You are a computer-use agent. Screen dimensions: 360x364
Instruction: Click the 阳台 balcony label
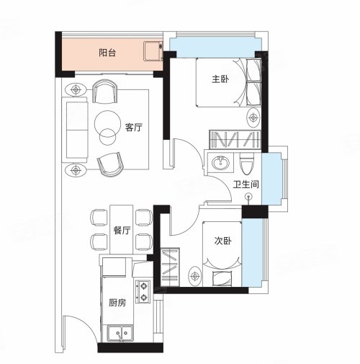(107, 53)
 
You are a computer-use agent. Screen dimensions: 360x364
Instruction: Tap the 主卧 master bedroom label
(220, 79)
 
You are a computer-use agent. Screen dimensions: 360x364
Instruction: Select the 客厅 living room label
(133, 128)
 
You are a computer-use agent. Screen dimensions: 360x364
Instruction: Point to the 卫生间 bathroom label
(246, 185)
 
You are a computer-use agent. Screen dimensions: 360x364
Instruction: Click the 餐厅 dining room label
(122, 231)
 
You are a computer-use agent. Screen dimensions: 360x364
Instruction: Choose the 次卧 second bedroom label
(223, 241)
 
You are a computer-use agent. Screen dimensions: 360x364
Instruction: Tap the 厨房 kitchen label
(117, 303)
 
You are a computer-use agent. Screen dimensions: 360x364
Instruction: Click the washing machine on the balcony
(153, 51)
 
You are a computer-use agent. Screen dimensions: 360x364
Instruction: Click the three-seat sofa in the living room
(75, 130)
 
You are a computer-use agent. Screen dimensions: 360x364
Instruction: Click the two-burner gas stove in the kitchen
(143, 291)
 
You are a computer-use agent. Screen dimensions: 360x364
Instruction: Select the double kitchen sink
(120, 333)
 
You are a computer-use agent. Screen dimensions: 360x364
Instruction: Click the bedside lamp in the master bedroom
(253, 117)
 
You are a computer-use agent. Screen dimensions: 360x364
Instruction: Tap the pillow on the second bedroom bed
(222, 278)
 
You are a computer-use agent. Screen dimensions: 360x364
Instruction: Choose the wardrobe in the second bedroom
(170, 267)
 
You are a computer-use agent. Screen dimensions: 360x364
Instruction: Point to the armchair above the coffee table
(105, 92)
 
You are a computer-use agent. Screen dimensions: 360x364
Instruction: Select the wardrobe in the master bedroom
(235, 139)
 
